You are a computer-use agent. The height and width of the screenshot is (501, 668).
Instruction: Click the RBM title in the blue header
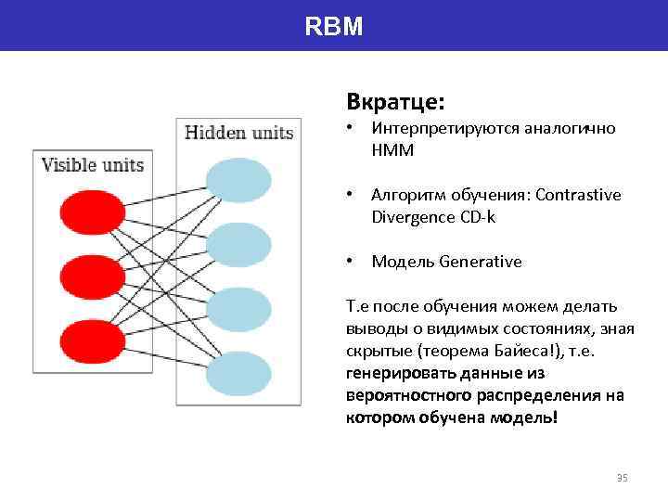[334, 26]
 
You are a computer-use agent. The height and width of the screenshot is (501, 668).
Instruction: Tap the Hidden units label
[239, 133]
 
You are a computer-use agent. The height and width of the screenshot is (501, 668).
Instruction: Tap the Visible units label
[93, 165]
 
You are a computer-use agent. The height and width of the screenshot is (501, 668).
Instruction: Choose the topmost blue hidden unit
[238, 180]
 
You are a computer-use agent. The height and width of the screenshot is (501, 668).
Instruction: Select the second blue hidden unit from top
[238, 245]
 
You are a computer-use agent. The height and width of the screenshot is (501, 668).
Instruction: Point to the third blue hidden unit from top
[238, 310]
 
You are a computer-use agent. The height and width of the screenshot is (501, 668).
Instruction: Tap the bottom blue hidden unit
[238, 374]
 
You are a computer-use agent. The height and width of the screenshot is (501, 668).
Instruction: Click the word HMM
[392, 149]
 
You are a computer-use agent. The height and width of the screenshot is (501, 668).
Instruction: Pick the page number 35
[622, 478]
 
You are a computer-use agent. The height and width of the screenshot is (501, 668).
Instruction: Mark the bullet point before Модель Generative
[351, 262]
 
